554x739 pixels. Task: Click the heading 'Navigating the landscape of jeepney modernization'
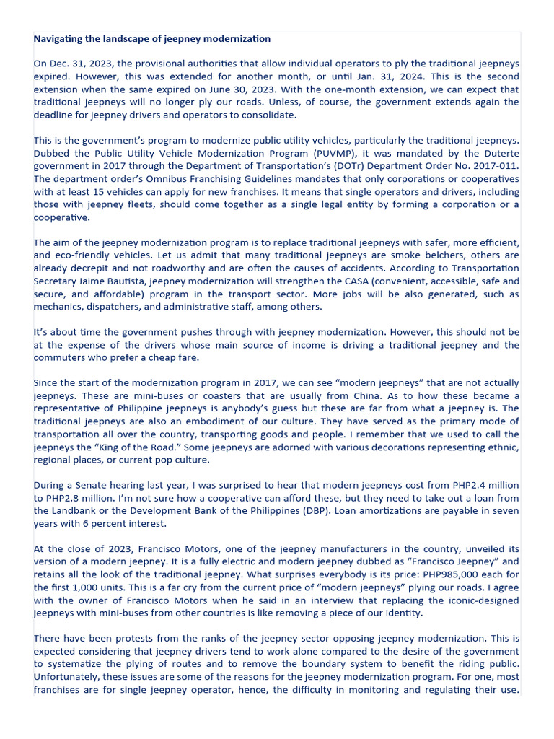click(152, 38)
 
